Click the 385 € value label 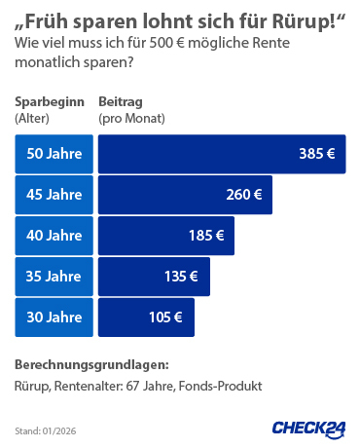[317, 154]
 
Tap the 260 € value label [244, 195]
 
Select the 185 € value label [206, 236]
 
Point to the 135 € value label [181, 277]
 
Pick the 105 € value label [165, 317]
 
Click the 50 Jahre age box [54, 154]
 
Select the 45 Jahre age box [54, 195]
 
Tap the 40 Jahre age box [54, 236]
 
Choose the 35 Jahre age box [54, 277]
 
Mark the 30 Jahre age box [54, 317]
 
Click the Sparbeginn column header [49, 102]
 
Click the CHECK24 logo [306, 429]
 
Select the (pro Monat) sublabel [131, 118]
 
